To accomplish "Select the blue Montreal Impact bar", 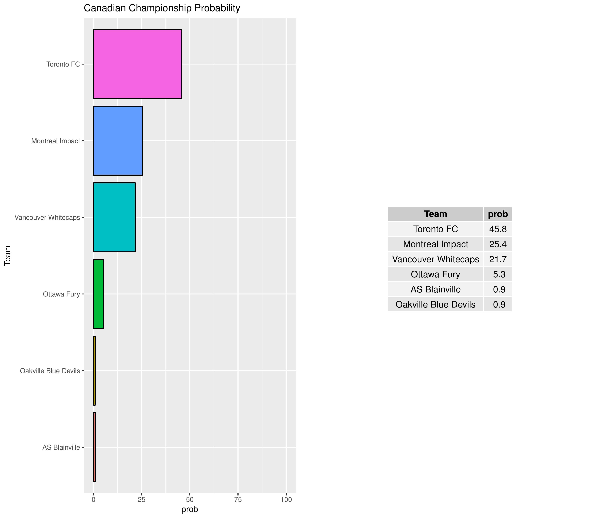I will tap(118, 141).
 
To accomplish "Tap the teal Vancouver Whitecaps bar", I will tap(114, 217).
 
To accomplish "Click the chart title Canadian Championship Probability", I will tap(162, 8).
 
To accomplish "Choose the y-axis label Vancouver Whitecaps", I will tap(47, 217).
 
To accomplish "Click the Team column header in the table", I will tap(435, 214).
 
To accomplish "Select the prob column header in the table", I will tap(498, 214).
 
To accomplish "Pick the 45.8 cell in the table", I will tap(498, 229).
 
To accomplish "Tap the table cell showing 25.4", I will tap(498, 244).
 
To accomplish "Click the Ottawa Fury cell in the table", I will tap(435, 274).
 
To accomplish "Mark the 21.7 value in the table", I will tap(498, 259).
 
